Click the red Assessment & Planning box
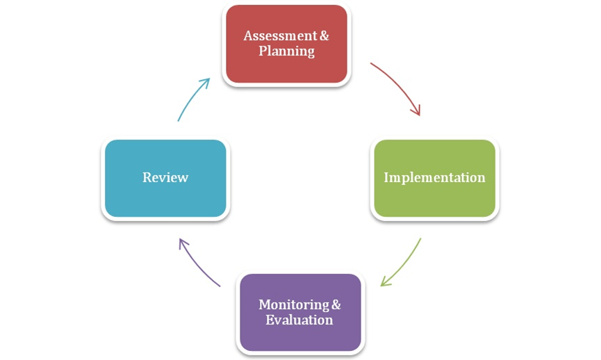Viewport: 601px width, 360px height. pyautogui.click(x=286, y=44)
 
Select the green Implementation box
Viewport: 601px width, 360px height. pyautogui.click(x=435, y=179)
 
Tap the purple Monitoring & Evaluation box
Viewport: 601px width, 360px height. pyautogui.click(x=300, y=313)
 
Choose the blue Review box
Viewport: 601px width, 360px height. pyautogui.click(x=165, y=179)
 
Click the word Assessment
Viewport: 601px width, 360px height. pyautogui.click(x=280, y=35)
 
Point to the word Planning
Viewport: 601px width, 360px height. pyautogui.click(x=287, y=51)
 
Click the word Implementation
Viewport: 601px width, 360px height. pyautogui.click(x=435, y=177)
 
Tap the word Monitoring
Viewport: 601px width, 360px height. pyautogui.click(x=294, y=305)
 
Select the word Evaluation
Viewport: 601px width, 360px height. pyautogui.click(x=299, y=320)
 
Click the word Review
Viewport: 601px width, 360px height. pyautogui.click(x=165, y=177)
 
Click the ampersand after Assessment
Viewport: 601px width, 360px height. pyautogui.click(x=324, y=35)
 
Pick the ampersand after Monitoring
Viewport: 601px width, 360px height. pyautogui.click(x=336, y=305)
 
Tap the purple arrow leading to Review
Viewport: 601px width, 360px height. pyautogui.click(x=197, y=264)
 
